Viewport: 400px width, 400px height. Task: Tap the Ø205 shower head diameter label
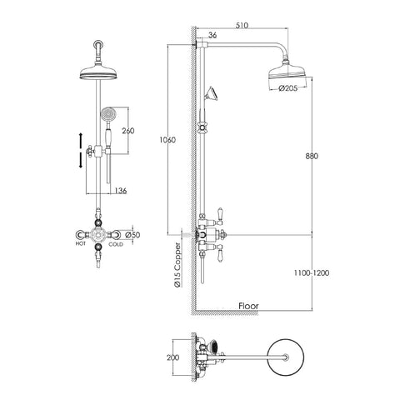coord(288,88)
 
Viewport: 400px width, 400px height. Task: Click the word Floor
coord(248,306)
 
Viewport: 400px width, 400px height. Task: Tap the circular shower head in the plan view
coord(288,359)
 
